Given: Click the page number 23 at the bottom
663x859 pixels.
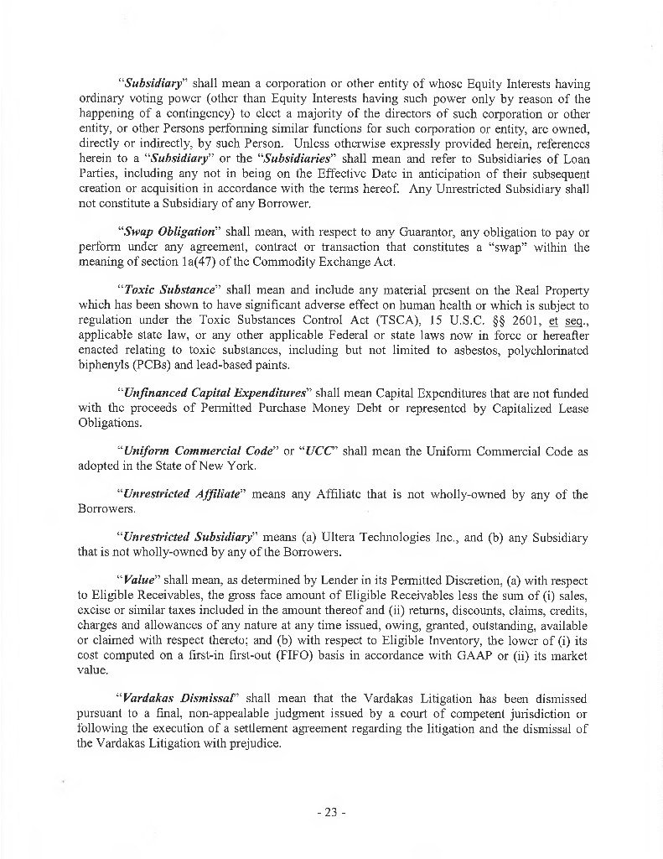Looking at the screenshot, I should (x=331, y=812).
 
